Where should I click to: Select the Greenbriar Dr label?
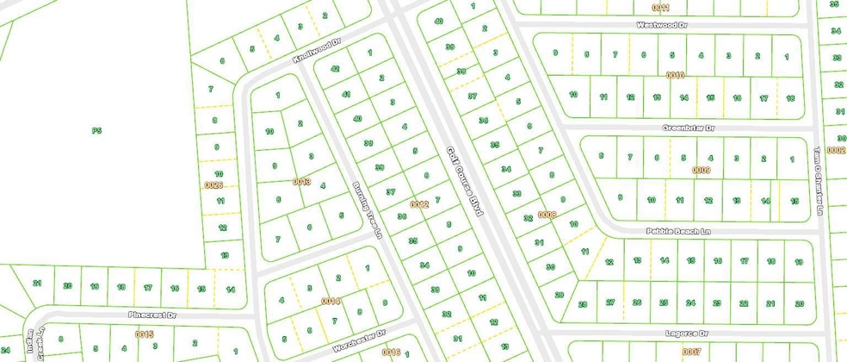tap(688, 128)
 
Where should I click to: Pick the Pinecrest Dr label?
tap(151, 315)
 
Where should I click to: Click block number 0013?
tap(301, 181)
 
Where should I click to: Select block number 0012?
tap(419, 204)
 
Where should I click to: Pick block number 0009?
tap(701, 170)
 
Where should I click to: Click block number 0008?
tap(547, 214)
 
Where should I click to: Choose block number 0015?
tap(143, 334)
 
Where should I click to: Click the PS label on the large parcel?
tap(97, 131)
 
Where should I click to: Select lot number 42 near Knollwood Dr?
tap(336, 69)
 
